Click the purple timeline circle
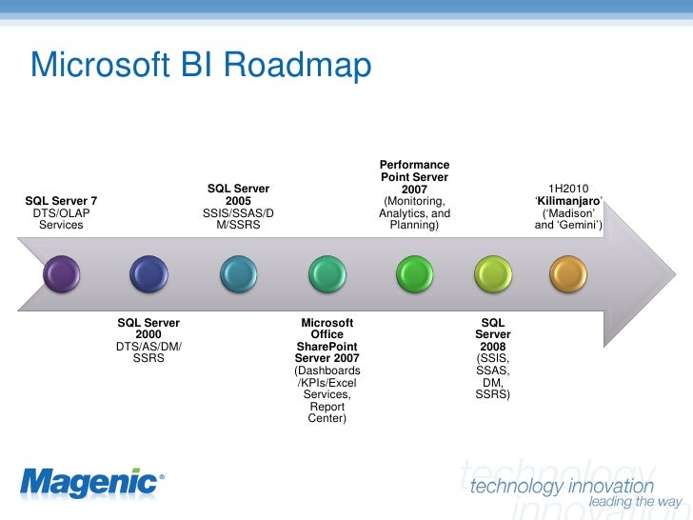point(62,274)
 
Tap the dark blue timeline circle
point(148,274)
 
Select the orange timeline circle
point(568,274)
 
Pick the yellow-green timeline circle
point(493,274)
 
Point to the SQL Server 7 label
point(61,201)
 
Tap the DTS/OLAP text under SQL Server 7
point(61,213)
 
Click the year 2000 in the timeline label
point(148,335)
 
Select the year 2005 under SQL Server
point(238,201)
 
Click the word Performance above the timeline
point(415,165)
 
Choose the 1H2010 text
point(568,189)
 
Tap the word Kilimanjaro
point(568,201)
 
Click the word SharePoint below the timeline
point(327,346)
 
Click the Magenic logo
point(89,483)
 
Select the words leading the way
point(635,502)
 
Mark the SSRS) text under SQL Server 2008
point(493,393)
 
